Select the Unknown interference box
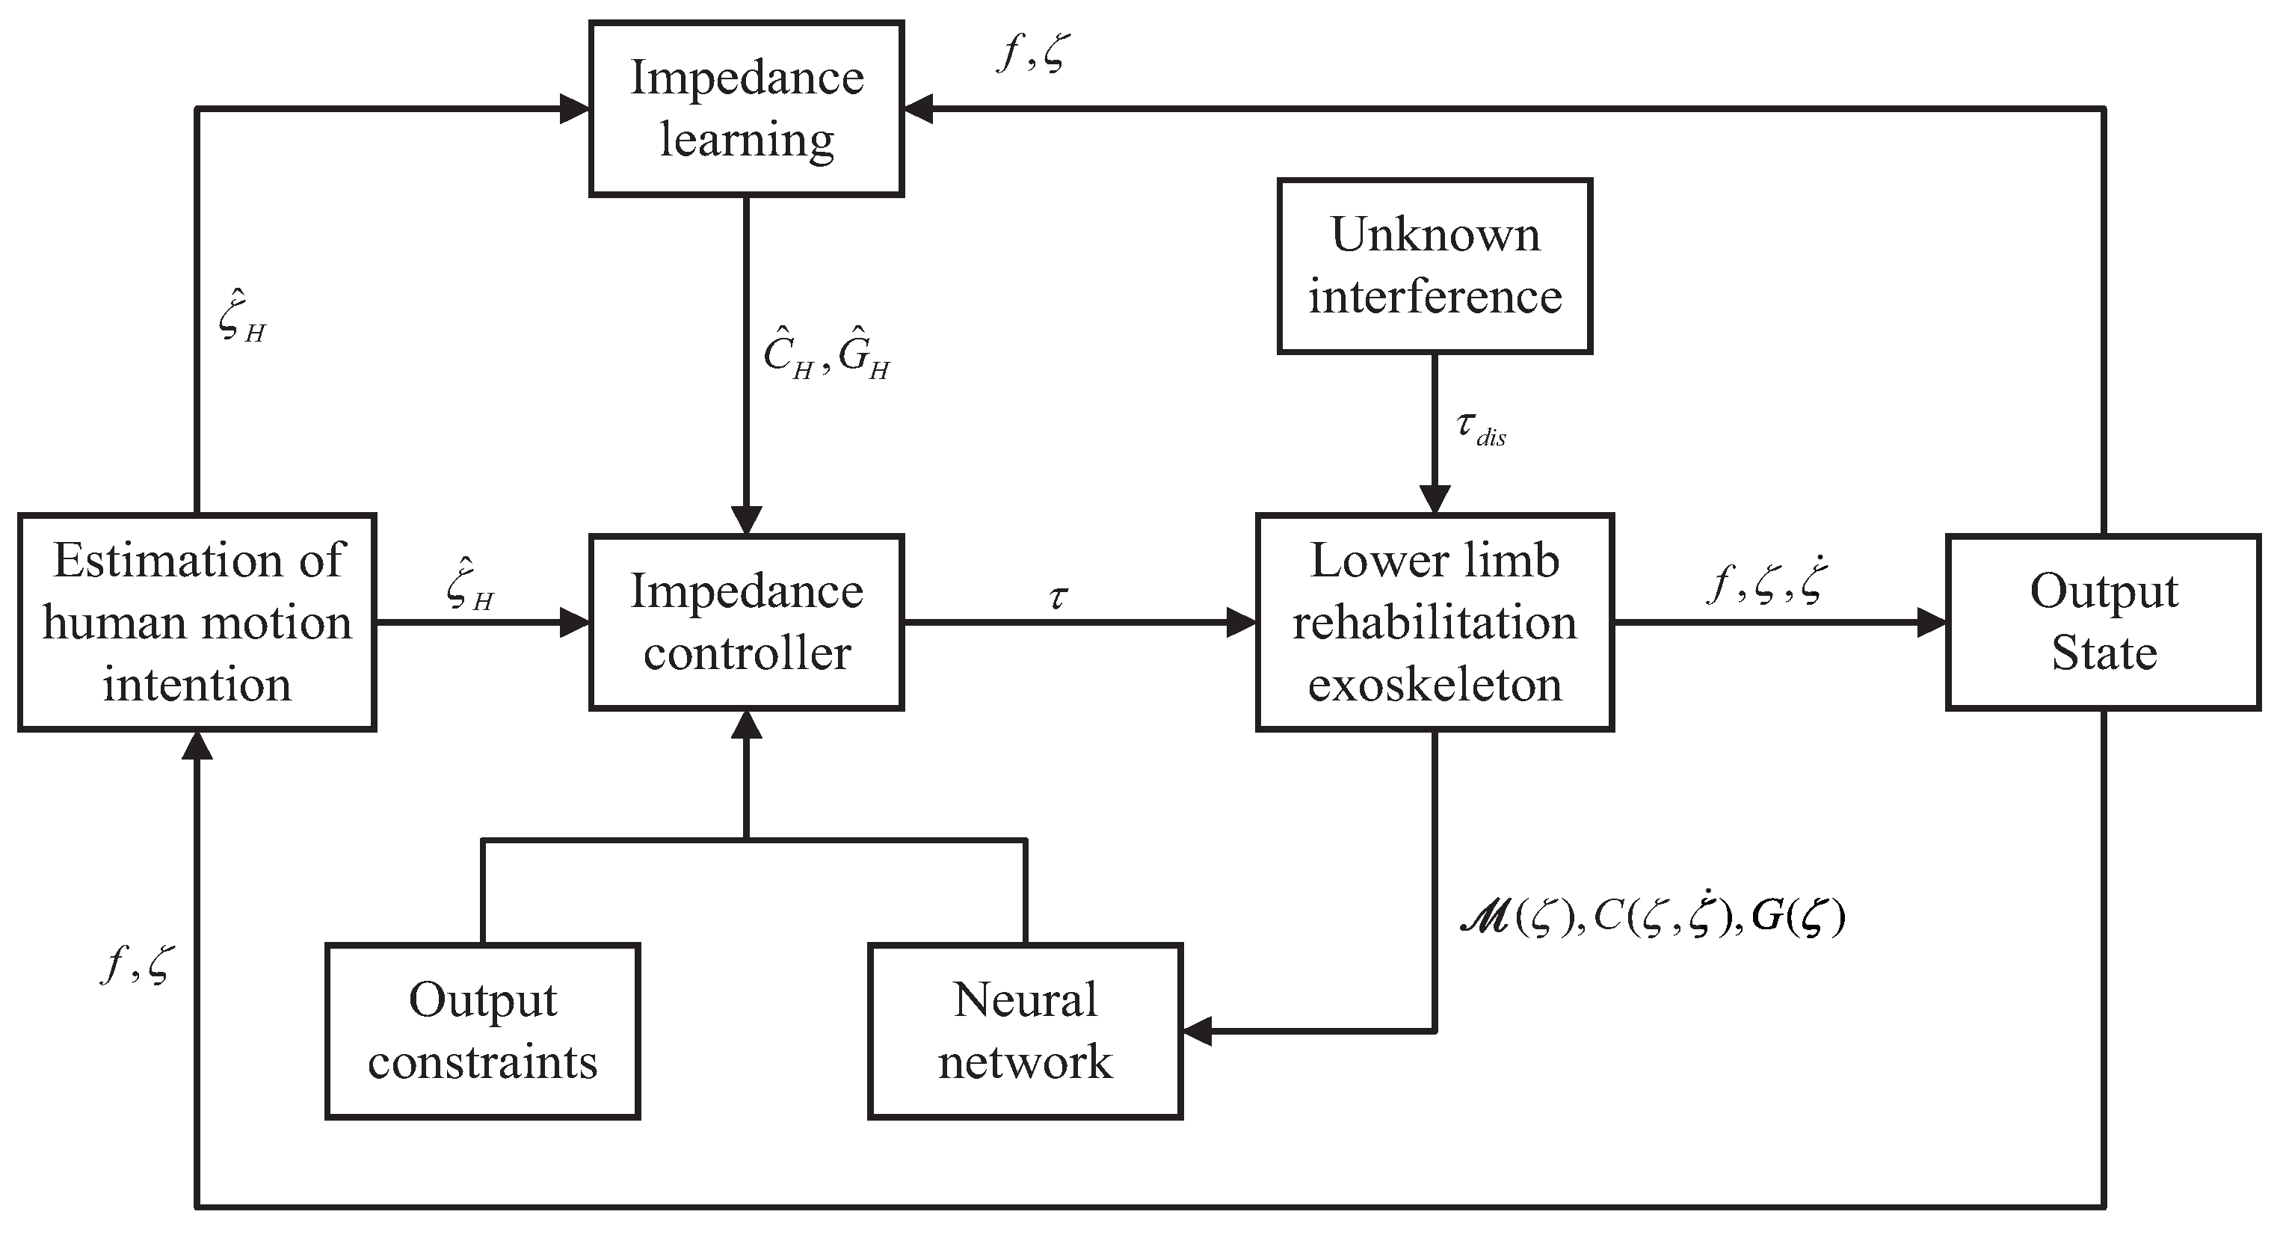click(1434, 265)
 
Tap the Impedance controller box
click(746, 622)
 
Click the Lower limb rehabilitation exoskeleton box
click(1434, 622)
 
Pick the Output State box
click(2103, 622)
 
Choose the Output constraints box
click(482, 1031)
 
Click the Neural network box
click(1025, 1031)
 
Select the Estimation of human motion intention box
click(197, 622)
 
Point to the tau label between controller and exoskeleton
click(1059, 598)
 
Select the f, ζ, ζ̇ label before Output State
click(1766, 584)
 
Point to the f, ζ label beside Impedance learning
click(1034, 53)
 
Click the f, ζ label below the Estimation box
click(138, 964)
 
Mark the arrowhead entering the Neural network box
click(1198, 1031)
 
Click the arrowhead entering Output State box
click(1932, 622)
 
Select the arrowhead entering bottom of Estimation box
click(197, 745)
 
